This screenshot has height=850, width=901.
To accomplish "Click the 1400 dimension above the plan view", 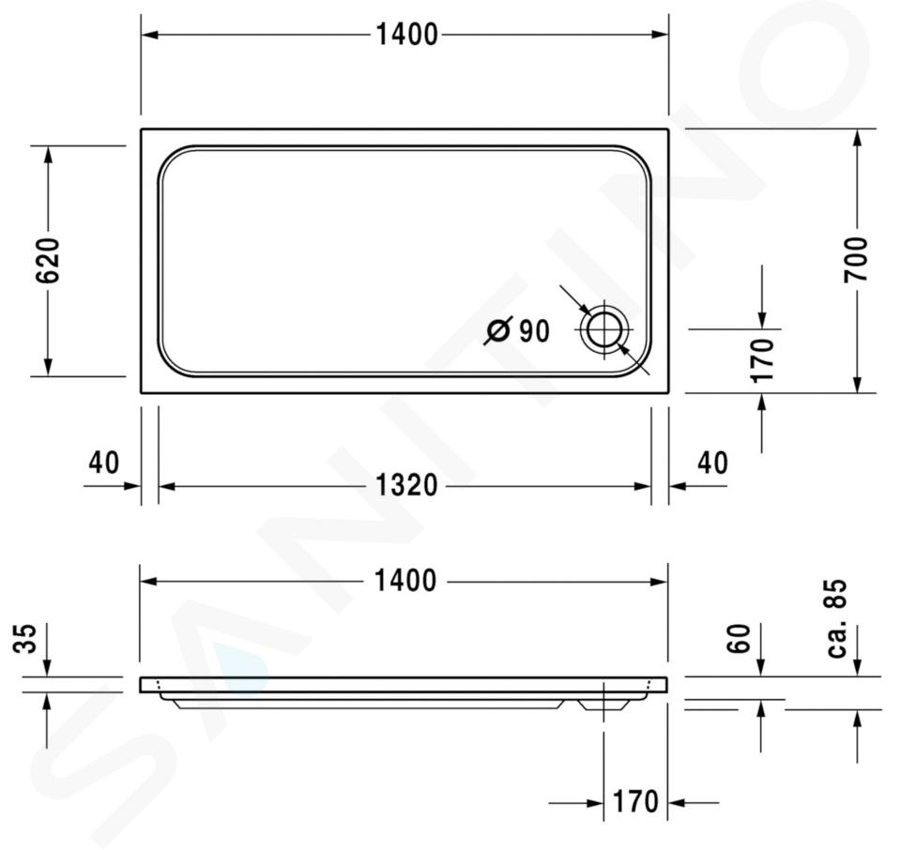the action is coord(406,35).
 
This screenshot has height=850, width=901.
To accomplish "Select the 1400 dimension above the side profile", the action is coord(405,581).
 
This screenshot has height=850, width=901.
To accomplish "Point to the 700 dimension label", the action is coord(856,260).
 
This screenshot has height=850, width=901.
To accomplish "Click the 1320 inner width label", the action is coord(406,485).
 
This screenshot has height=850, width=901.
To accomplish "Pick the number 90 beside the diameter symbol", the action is coord(534,331).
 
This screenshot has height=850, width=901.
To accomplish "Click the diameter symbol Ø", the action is coord(497,330).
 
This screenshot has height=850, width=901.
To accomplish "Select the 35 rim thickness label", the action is coord(25,638).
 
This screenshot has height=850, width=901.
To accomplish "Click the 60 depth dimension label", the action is coord(739,638).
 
